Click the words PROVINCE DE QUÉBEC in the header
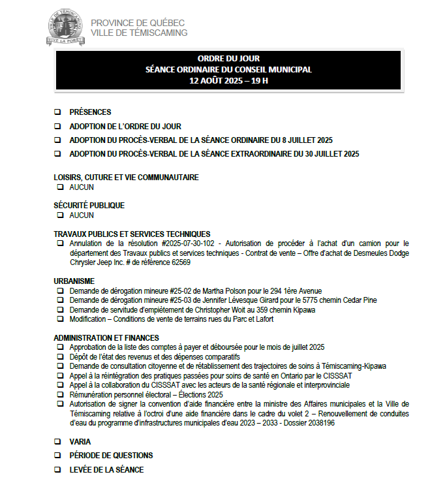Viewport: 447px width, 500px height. tap(138, 23)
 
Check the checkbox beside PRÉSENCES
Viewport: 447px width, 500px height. tap(57, 112)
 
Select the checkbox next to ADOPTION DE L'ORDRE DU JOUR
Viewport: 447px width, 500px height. tap(57, 127)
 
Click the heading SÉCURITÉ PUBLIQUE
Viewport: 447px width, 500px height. tap(89, 206)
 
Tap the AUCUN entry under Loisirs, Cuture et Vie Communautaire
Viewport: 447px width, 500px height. tap(82, 187)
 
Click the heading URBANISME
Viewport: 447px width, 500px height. tap(74, 281)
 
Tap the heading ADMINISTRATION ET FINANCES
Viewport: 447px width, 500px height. tap(106, 337)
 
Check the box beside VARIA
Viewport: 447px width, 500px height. tap(57, 442)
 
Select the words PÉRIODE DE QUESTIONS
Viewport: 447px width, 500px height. tap(111, 456)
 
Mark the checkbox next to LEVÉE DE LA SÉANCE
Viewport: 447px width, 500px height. tap(57, 470)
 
